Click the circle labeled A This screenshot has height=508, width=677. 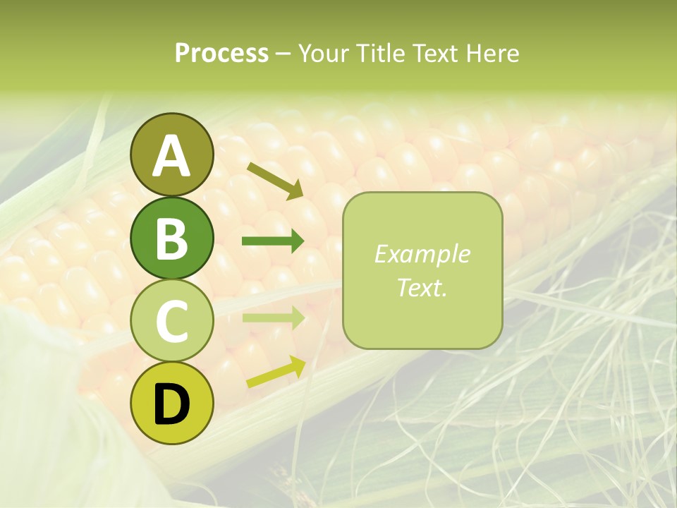click(x=171, y=155)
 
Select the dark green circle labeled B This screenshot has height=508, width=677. click(x=171, y=238)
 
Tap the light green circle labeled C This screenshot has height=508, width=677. click(x=171, y=321)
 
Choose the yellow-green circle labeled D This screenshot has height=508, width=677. click(x=171, y=404)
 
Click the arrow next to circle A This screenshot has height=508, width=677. click(x=275, y=180)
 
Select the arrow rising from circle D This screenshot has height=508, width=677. click(x=276, y=372)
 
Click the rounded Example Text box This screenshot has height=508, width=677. click(x=422, y=271)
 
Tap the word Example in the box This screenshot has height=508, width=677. click(x=422, y=254)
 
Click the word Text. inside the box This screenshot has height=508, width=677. click(x=422, y=287)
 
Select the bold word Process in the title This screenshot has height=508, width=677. click(x=221, y=53)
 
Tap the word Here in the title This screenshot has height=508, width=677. click(x=493, y=53)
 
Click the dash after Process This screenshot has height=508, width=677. click(x=283, y=54)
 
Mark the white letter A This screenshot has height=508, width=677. click(x=171, y=156)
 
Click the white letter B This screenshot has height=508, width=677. click(x=171, y=238)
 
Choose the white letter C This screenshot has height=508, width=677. click(x=171, y=322)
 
